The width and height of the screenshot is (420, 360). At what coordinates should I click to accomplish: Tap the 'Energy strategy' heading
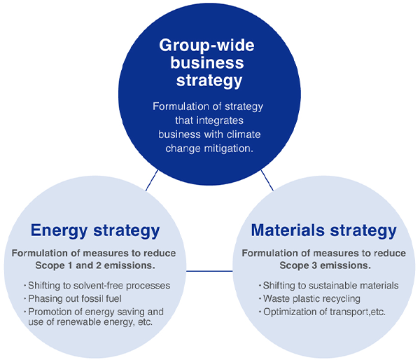coord(95,230)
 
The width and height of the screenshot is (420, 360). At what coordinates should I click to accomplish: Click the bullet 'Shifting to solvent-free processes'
coord(97,286)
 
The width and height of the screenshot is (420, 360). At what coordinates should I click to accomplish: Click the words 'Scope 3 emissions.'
coord(325,265)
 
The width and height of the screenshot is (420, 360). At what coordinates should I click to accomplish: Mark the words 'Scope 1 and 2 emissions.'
coord(95,265)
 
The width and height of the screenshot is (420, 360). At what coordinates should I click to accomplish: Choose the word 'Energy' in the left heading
coord(57,230)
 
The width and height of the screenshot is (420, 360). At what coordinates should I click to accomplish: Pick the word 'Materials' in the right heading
coord(288,230)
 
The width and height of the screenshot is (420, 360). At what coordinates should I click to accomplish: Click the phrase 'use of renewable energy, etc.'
coord(91,322)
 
